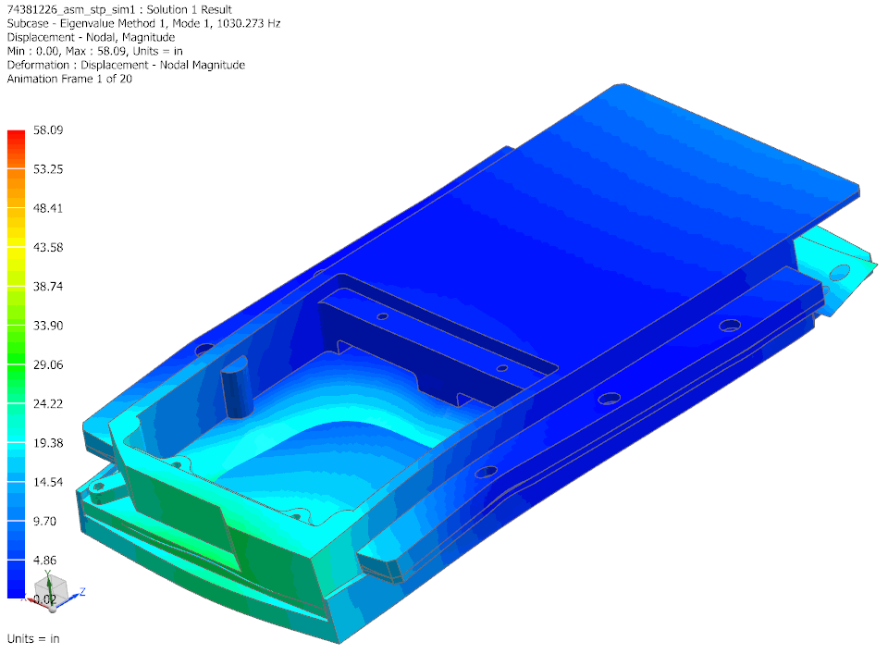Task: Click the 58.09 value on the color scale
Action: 47,130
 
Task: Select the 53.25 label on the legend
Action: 47,169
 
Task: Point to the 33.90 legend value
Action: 47,326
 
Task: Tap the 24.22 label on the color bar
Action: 47,404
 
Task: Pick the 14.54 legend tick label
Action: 47,482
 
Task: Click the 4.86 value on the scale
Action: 47,561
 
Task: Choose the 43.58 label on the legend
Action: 47,248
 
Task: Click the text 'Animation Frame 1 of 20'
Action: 69,79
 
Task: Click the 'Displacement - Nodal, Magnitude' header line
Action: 91,37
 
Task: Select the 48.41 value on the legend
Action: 47,208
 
